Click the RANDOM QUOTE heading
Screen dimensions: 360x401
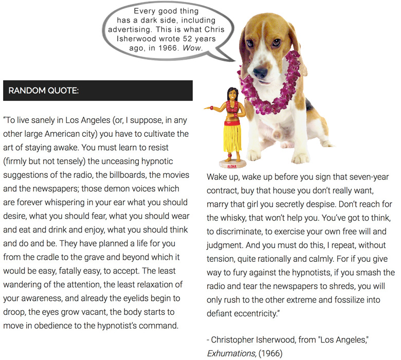(44, 91)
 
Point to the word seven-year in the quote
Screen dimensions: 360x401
(367, 176)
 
